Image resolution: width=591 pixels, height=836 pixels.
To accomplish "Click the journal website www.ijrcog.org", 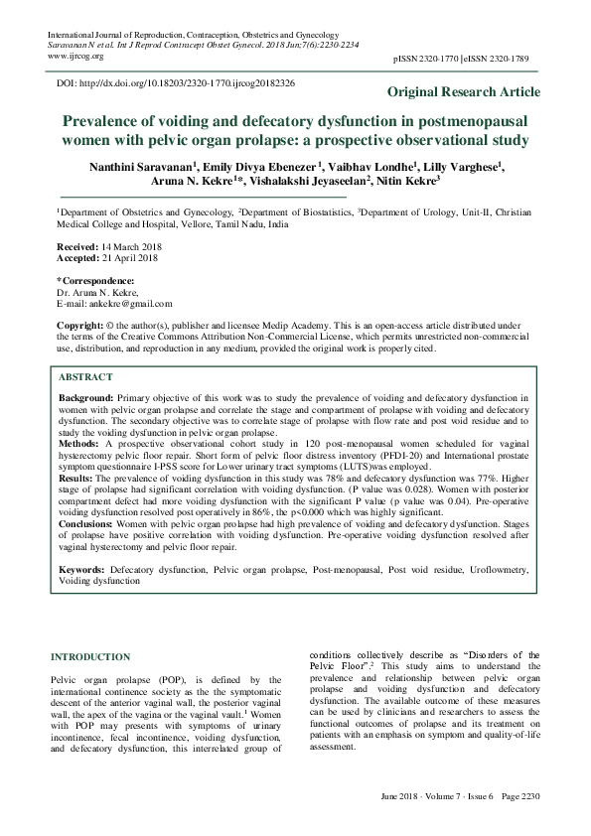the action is (74, 57).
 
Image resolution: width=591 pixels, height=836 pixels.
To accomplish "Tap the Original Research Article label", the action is (464, 92).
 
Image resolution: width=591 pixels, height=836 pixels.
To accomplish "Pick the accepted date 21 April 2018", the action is (128, 258).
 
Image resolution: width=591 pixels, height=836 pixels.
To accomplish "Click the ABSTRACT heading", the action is (85, 378).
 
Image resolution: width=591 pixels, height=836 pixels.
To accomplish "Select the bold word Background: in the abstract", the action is (86, 396).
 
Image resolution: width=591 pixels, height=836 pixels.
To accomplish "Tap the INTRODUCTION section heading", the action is (90, 657).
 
